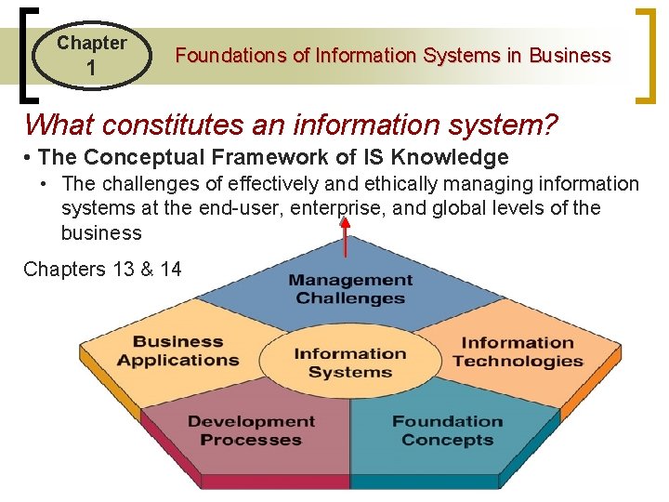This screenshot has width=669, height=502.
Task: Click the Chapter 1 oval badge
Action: [90, 55]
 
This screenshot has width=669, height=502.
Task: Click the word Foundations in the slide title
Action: [231, 56]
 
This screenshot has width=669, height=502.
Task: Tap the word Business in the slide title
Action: [570, 56]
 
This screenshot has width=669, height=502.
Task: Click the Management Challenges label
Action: [350, 289]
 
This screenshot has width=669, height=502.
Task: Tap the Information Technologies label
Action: [518, 352]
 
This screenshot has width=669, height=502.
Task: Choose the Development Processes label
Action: [251, 430]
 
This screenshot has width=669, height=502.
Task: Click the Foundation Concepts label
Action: [447, 430]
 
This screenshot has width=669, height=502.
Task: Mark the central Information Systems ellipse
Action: [349, 363]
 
